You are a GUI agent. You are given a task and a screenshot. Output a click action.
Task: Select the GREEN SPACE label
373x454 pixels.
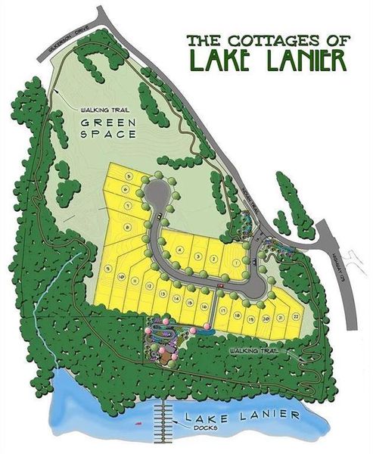109,129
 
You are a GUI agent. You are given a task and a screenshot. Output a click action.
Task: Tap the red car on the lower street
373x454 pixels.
220,285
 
